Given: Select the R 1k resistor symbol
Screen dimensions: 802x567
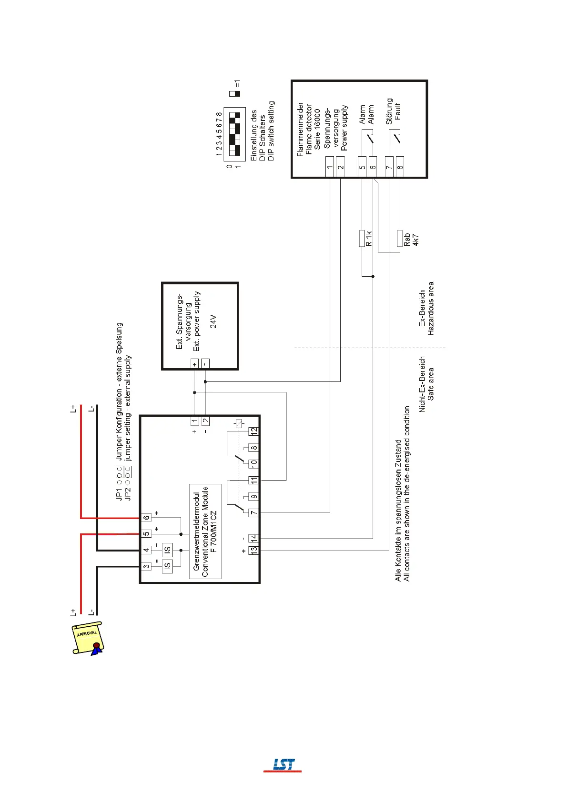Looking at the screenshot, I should [362, 238].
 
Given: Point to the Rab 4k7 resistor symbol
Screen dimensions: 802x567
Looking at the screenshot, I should [400, 239].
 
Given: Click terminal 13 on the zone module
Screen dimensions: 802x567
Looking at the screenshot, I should [254, 550].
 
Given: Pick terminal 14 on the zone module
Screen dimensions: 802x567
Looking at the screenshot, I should [254, 538].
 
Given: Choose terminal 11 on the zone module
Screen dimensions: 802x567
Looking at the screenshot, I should [254, 480].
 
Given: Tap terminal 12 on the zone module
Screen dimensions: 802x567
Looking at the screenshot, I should [254, 431].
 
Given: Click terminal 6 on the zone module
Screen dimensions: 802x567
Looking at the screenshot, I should [146, 517].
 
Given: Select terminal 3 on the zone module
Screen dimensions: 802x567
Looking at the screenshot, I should [146, 566].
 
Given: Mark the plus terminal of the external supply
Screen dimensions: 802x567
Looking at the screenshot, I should [194, 364].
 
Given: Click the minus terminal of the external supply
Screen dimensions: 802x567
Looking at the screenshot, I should [205, 364].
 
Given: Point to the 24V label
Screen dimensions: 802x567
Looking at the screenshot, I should [213, 321].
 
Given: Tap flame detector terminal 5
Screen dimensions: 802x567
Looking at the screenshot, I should [362, 167].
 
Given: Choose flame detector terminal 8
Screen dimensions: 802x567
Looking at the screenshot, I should [400, 167].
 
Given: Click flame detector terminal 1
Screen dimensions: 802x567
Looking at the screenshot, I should [330, 167].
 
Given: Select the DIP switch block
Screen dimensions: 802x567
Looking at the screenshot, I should [234, 134].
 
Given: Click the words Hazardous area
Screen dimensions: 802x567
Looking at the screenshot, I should [431, 308].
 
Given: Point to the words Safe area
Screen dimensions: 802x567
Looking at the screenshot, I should [431, 383].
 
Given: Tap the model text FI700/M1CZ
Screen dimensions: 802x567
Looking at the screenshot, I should [213, 531].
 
